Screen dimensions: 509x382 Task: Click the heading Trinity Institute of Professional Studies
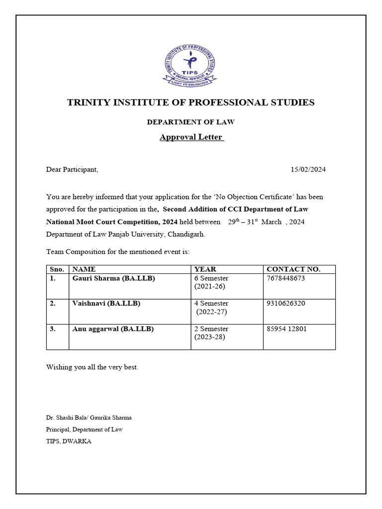(x=191, y=102)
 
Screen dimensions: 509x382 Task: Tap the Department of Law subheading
(x=191, y=122)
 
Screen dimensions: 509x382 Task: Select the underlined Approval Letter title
(x=191, y=137)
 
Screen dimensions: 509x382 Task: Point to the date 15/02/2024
(x=308, y=170)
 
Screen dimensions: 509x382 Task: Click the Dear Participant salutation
(x=72, y=170)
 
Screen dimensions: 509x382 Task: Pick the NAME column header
(x=84, y=269)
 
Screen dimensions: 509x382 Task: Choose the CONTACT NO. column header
(x=293, y=269)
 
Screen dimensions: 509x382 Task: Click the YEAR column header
(x=205, y=269)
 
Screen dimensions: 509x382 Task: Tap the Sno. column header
(x=57, y=269)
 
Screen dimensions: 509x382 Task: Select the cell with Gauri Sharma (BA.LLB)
(x=113, y=278)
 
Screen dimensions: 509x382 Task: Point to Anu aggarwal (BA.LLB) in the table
(x=113, y=329)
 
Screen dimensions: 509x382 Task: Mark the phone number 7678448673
(x=286, y=278)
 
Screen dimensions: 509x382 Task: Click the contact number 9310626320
(x=286, y=303)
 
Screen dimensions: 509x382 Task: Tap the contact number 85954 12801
(x=287, y=329)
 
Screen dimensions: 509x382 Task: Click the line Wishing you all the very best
(x=92, y=367)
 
